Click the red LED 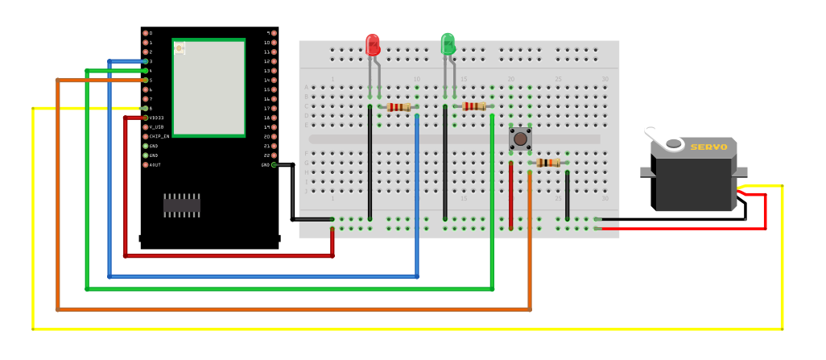[372, 45]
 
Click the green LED [448, 44]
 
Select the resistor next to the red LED [399, 107]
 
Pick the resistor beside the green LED [474, 106]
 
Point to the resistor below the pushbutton [548, 163]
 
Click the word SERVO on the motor [708, 147]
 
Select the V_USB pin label [156, 127]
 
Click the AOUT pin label [155, 165]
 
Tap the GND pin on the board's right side [274, 165]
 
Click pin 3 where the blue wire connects [146, 61]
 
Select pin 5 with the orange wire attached [146, 81]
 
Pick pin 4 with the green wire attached [146, 71]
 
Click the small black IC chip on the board [182, 205]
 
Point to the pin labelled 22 [274, 155]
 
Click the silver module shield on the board [208, 87]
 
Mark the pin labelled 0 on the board [146, 33]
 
